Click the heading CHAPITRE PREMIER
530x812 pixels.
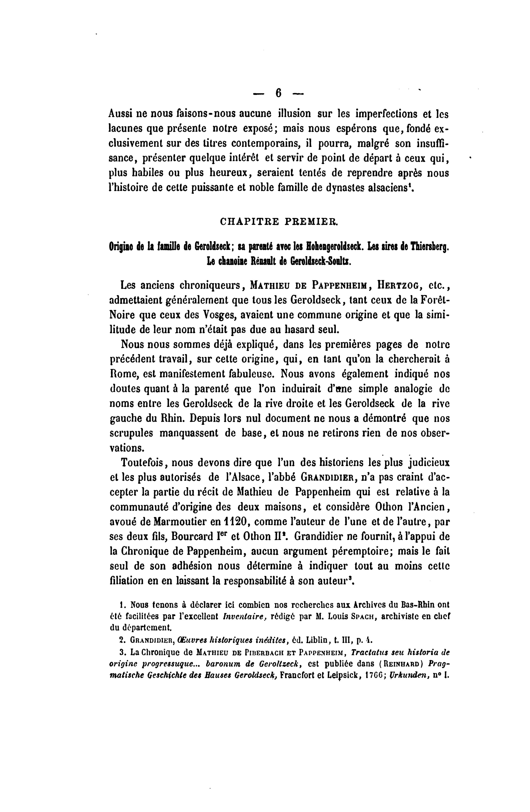click(278, 221)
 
